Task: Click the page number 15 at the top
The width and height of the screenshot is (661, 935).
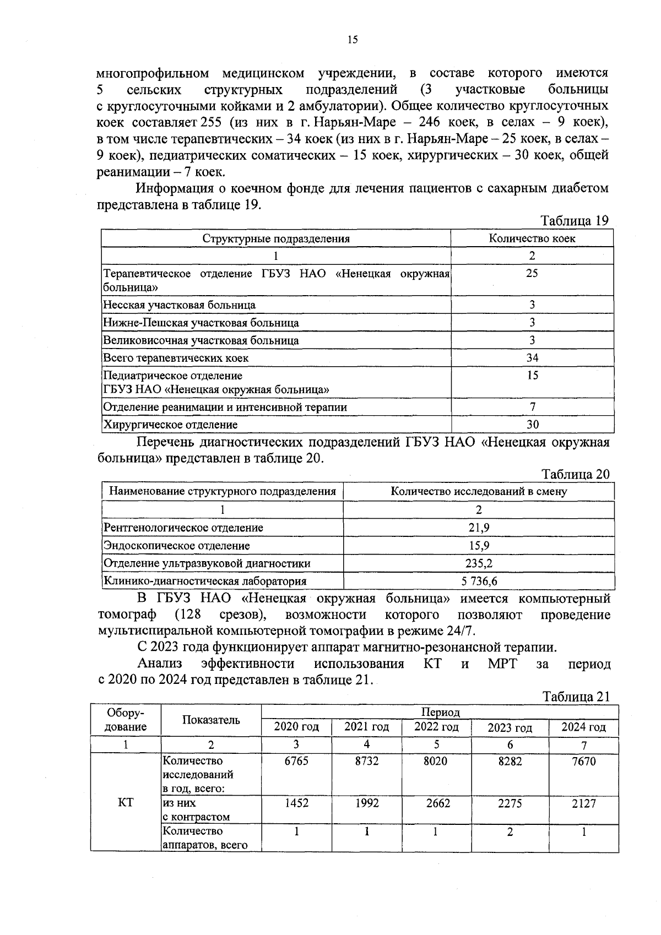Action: [353, 39]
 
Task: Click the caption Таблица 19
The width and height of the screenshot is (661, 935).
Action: [575, 221]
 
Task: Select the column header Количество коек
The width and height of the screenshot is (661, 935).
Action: [532, 238]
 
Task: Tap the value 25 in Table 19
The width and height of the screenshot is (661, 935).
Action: [532, 273]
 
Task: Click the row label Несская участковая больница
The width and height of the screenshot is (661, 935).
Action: [180, 305]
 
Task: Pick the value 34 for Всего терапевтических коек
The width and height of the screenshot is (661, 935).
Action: [532, 358]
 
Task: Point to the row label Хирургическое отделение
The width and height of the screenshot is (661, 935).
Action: [171, 425]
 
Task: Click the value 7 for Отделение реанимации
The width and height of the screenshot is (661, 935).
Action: [532, 407]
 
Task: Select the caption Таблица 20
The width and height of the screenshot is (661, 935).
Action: [575, 474]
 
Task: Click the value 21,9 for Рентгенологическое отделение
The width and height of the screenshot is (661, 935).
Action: [479, 528]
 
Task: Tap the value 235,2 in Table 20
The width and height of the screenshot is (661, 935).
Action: [479, 563]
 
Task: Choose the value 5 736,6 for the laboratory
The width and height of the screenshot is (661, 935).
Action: [479, 581]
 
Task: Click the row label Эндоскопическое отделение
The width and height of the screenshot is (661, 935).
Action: [177, 546]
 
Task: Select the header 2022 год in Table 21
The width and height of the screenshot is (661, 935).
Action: [436, 727]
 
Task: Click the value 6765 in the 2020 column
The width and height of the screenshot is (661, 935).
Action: [296, 762]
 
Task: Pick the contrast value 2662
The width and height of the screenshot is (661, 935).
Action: [436, 803]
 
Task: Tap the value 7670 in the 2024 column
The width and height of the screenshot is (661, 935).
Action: [583, 762]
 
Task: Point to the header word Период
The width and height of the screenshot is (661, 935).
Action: [440, 713]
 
